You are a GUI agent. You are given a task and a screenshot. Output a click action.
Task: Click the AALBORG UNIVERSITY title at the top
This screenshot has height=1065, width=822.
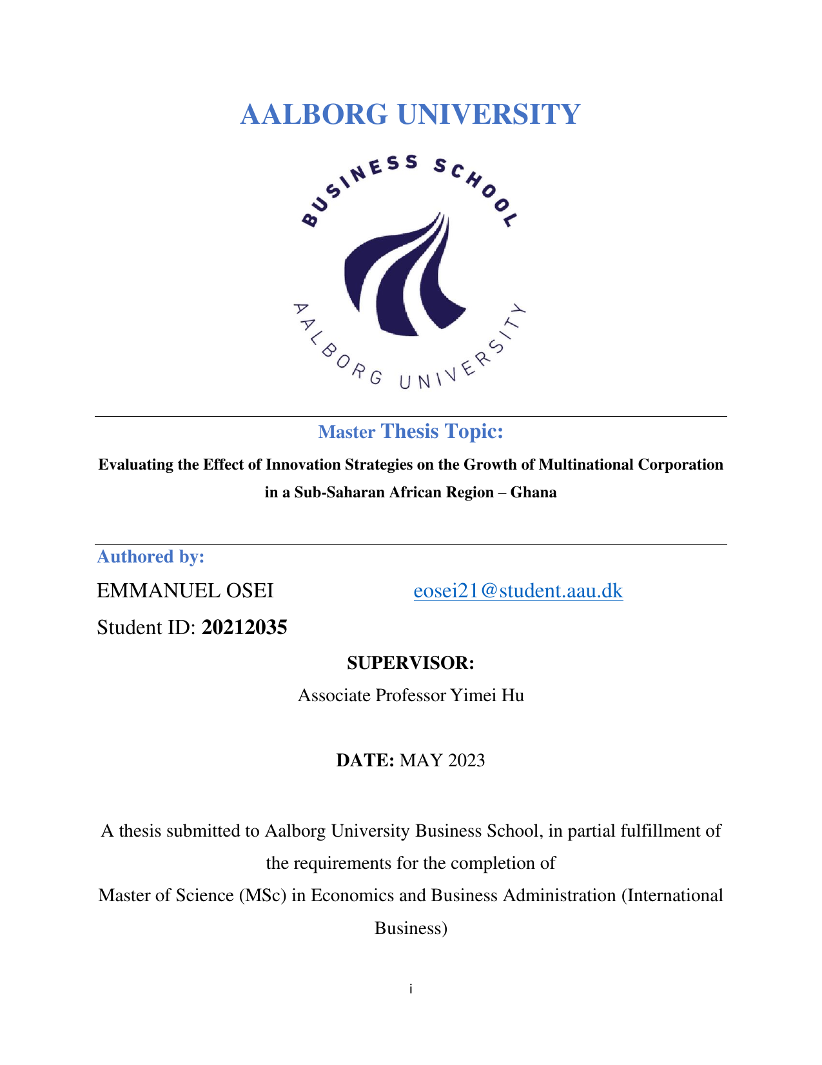[x=410, y=114]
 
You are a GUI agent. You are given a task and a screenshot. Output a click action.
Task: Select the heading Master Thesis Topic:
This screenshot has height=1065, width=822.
[x=410, y=432]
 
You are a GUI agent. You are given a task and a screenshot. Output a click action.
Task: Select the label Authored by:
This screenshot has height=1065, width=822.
[x=151, y=557]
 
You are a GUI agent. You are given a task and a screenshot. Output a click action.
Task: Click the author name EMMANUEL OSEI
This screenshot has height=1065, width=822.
[x=185, y=590]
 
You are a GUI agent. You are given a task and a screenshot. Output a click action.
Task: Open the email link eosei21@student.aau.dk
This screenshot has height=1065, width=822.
[x=518, y=590]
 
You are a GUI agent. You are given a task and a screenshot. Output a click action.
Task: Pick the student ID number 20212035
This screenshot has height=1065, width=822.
[x=244, y=627]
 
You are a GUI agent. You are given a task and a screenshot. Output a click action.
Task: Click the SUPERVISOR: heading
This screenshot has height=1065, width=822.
[x=410, y=662]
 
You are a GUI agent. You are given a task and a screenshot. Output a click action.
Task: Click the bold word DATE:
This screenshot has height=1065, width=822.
[x=365, y=760]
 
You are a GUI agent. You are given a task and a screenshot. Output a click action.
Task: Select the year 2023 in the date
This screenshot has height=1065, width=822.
[x=466, y=760]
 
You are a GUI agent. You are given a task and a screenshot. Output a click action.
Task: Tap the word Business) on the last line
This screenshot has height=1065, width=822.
[x=411, y=928]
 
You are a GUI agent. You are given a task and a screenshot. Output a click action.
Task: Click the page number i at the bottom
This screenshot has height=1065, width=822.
[x=411, y=989]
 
